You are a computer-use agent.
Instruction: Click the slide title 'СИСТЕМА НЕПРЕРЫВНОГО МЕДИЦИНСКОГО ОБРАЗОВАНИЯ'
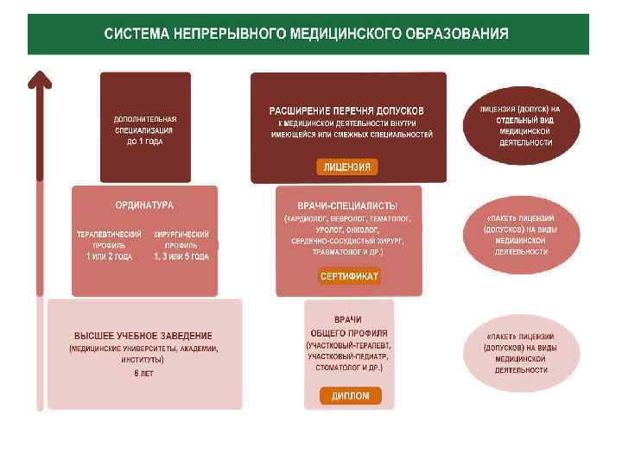click(x=306, y=35)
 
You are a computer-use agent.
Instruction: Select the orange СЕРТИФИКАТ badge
click(x=349, y=276)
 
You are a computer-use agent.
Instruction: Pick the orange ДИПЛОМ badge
click(x=349, y=396)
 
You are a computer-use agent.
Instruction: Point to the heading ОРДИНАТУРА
click(x=144, y=205)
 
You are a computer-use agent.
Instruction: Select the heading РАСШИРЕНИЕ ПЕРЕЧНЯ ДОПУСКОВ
click(x=346, y=111)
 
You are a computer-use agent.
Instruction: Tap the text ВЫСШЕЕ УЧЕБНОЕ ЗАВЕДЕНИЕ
click(x=143, y=335)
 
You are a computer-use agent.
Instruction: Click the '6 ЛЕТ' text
click(x=143, y=373)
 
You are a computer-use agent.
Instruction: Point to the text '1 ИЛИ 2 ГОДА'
click(x=109, y=256)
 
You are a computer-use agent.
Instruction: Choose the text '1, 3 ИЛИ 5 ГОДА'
click(x=181, y=256)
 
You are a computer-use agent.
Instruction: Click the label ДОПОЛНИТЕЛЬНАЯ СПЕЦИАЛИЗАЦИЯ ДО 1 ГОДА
click(x=144, y=129)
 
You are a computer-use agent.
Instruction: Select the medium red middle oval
click(x=520, y=234)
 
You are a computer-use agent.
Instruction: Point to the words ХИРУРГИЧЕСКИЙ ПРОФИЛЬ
click(x=181, y=239)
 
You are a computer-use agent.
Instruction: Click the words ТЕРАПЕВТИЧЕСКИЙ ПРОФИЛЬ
click(x=109, y=239)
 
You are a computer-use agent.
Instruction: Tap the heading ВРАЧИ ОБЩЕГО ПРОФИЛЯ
click(x=349, y=326)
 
